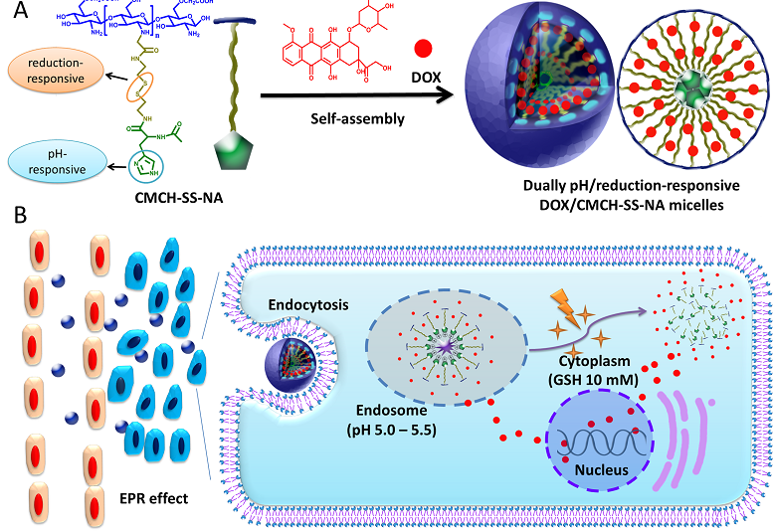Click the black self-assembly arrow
(348, 96)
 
